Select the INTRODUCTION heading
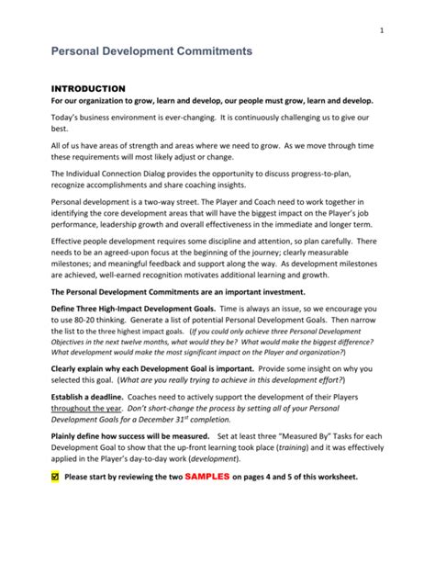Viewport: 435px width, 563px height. point(87,88)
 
